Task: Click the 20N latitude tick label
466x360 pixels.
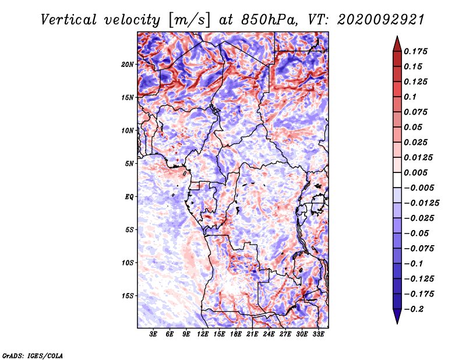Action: click(x=128, y=65)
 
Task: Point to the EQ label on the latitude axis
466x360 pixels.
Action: click(x=129, y=197)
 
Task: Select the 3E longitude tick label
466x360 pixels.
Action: click(x=153, y=334)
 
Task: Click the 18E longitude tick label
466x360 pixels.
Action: click(x=236, y=334)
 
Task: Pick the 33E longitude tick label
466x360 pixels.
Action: click(x=318, y=334)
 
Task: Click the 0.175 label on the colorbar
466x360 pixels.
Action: click(x=416, y=51)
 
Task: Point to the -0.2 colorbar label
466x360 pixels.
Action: click(x=414, y=309)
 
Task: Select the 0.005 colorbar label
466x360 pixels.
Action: click(x=416, y=172)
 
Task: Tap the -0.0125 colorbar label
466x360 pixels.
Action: click(x=422, y=203)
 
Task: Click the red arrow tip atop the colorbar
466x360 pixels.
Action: click(x=397, y=37)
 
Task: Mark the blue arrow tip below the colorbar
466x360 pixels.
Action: click(x=397, y=323)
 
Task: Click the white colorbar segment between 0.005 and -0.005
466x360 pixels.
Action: click(x=397, y=180)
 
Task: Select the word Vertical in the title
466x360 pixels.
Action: click(x=69, y=20)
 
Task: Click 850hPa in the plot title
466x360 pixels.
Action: click(x=269, y=20)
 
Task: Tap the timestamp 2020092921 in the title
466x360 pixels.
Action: click(x=381, y=20)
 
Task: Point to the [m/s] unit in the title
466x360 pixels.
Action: click(x=189, y=20)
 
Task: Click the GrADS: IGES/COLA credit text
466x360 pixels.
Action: click(x=33, y=356)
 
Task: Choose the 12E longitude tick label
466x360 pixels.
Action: click(x=203, y=334)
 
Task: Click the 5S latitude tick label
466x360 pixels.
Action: click(x=129, y=230)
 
